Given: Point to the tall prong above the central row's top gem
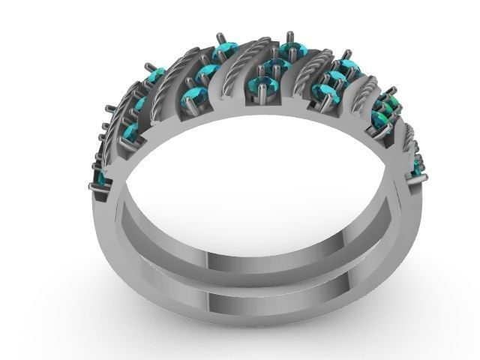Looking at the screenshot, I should [x=290, y=37].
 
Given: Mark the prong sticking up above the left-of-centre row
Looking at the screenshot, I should [x=219, y=38].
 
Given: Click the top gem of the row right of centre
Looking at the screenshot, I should [x=346, y=67].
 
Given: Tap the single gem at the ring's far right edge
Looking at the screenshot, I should [x=417, y=168].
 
